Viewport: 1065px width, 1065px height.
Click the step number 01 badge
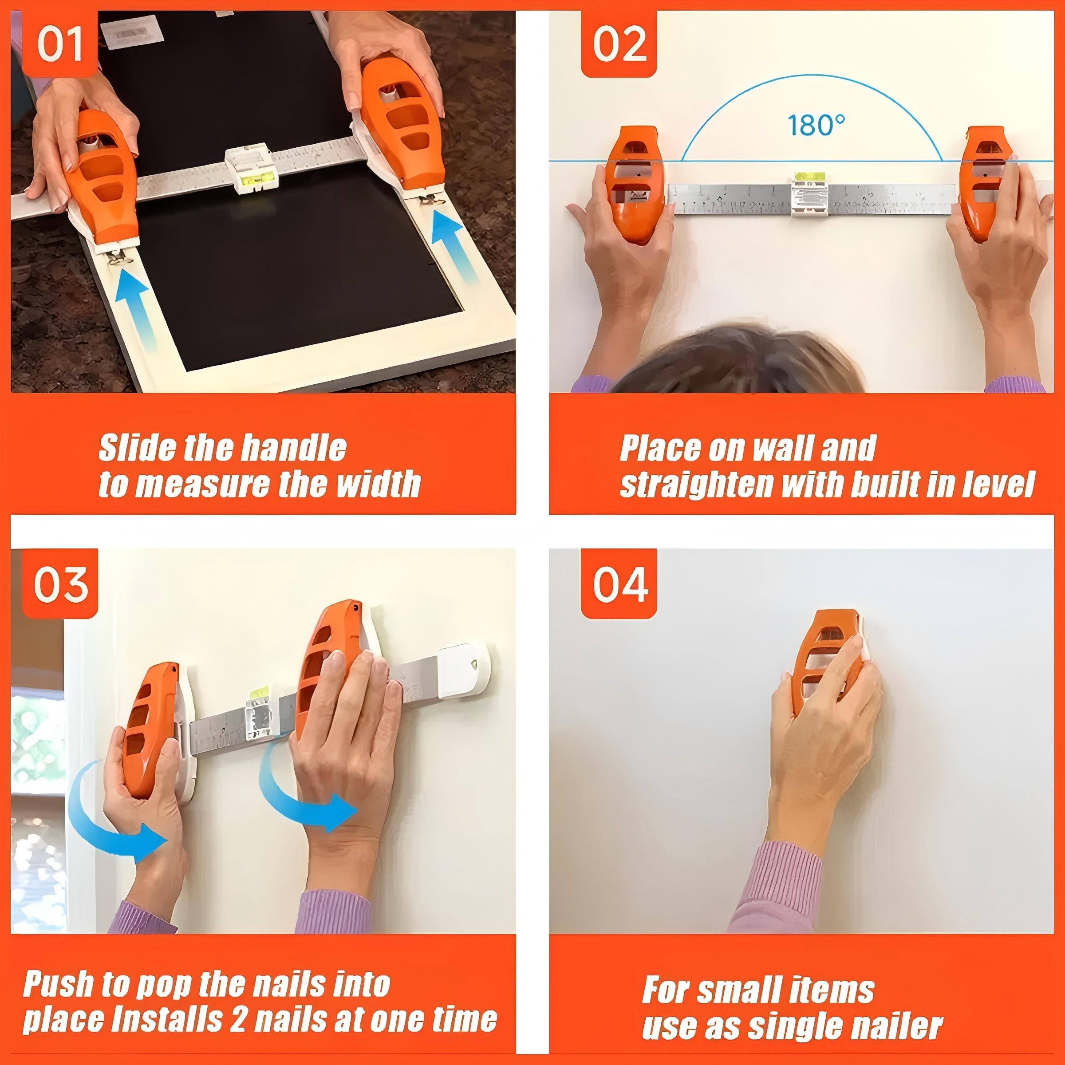pyautogui.click(x=59, y=45)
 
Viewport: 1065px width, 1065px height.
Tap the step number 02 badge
pyautogui.click(x=619, y=45)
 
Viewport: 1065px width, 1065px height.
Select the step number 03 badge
pyautogui.click(x=59, y=584)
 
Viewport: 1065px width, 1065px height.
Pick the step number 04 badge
pyautogui.click(x=619, y=584)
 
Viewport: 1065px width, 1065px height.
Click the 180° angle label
pyautogui.click(x=816, y=126)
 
